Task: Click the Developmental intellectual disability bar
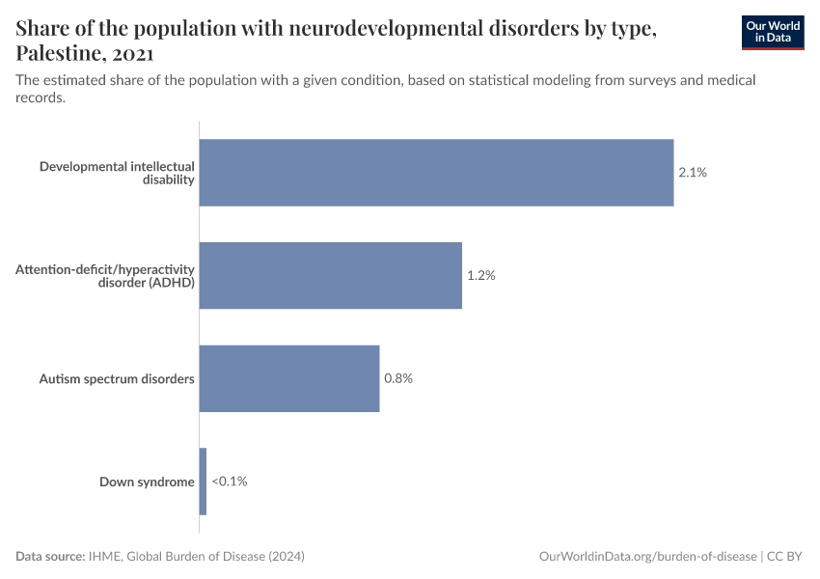pyautogui.click(x=436, y=173)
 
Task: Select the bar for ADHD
pyautogui.click(x=330, y=275)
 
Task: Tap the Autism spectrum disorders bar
pyautogui.click(x=289, y=378)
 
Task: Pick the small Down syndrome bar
pyautogui.click(x=203, y=482)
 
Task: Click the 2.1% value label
pyautogui.click(x=693, y=173)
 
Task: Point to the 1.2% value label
pyautogui.click(x=481, y=275)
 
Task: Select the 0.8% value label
pyautogui.click(x=398, y=378)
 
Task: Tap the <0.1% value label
pyautogui.click(x=230, y=482)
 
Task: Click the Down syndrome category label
pyautogui.click(x=147, y=482)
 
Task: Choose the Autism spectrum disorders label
pyautogui.click(x=117, y=378)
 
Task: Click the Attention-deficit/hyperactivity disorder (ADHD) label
pyautogui.click(x=105, y=275)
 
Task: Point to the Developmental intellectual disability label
pyautogui.click(x=117, y=173)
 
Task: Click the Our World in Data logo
pyautogui.click(x=772, y=32)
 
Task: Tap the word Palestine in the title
pyautogui.click(x=58, y=53)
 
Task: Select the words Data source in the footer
pyautogui.click(x=50, y=557)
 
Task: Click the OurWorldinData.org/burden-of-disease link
pyautogui.click(x=646, y=557)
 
